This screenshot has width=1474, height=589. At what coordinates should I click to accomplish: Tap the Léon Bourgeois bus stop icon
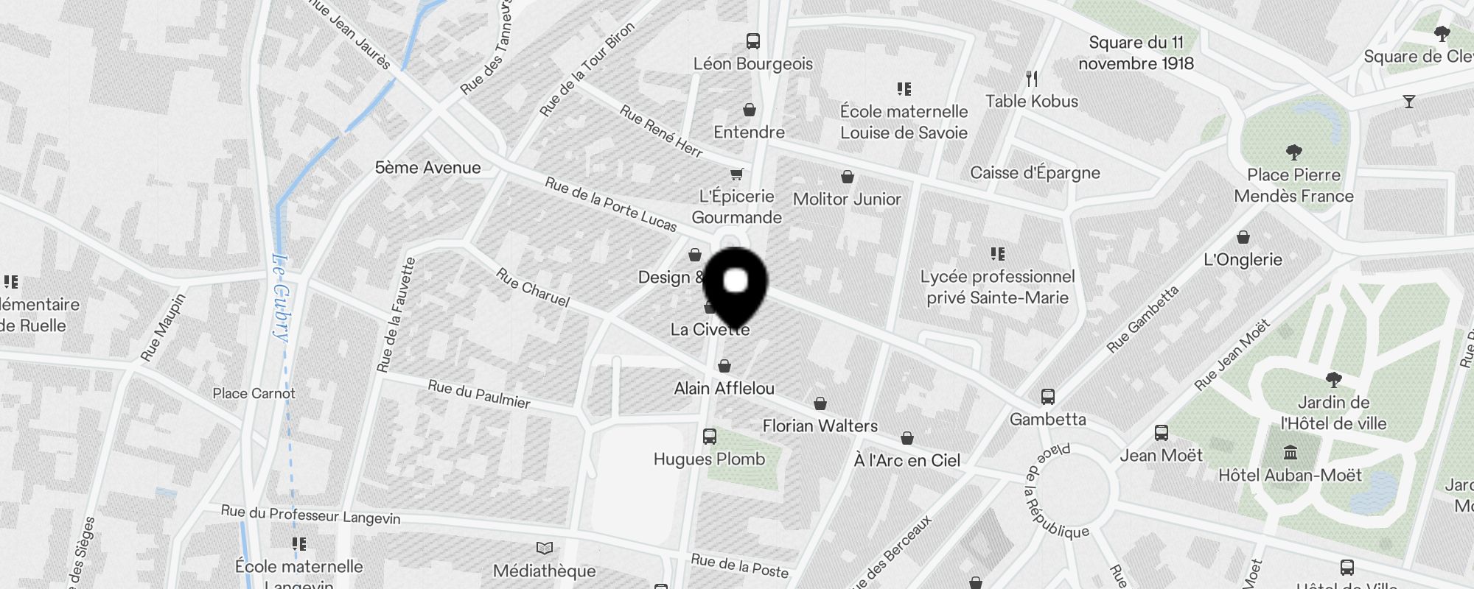(x=752, y=41)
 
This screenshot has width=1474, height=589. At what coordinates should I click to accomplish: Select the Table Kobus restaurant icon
(x=1032, y=78)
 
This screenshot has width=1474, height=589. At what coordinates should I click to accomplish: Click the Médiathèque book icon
(x=544, y=549)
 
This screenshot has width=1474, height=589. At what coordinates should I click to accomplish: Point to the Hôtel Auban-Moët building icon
(x=1290, y=452)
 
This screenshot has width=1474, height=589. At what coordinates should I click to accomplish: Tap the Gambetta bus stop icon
(x=1047, y=397)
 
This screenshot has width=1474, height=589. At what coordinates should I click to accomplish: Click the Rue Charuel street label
(x=533, y=287)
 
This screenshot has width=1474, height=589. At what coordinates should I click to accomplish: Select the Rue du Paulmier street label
(x=479, y=394)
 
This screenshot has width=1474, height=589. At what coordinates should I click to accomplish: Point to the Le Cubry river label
(x=280, y=296)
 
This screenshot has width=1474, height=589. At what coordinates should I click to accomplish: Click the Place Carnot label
(x=254, y=393)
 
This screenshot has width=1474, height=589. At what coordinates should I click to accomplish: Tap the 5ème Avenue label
(x=427, y=168)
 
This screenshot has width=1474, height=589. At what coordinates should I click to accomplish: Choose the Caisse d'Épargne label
(x=1035, y=173)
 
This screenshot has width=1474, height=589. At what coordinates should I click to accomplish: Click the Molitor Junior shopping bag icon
(x=848, y=177)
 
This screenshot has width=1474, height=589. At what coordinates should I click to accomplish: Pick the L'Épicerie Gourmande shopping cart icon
(x=736, y=174)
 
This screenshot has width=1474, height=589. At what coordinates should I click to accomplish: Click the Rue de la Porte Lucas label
(x=610, y=204)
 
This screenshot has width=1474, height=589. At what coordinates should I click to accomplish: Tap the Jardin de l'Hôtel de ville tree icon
(x=1332, y=380)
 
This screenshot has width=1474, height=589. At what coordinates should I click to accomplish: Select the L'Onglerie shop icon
(x=1243, y=237)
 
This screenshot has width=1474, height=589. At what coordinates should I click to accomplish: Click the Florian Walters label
(x=820, y=426)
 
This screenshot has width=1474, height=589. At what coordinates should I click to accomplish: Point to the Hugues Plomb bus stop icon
(x=709, y=437)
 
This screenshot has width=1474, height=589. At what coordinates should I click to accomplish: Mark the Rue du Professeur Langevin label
(x=310, y=515)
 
